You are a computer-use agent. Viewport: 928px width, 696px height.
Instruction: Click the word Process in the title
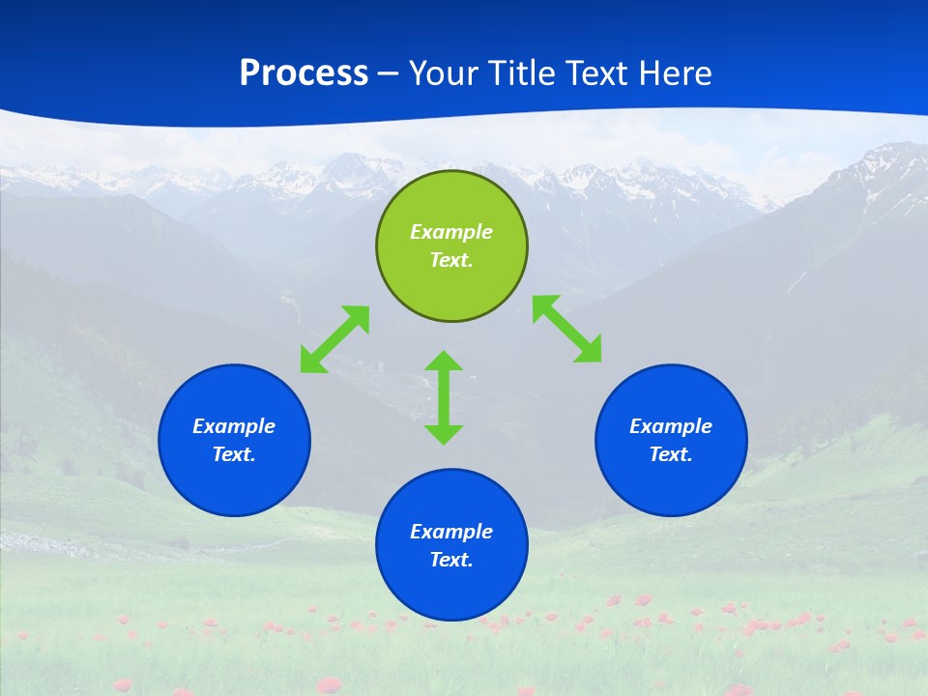(304, 73)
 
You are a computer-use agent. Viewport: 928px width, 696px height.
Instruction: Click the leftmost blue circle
(234, 441)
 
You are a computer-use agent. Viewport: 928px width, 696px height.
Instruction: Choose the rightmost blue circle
(671, 441)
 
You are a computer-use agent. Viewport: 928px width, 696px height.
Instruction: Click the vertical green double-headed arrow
(444, 397)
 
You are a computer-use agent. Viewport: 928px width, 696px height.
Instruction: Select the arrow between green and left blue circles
(334, 338)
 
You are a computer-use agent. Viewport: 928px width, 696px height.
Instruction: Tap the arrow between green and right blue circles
(566, 329)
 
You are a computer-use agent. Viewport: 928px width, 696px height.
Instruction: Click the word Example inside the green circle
(451, 232)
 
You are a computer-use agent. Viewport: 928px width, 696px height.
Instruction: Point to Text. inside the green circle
(451, 260)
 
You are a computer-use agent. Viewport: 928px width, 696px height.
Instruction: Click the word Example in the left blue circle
(234, 426)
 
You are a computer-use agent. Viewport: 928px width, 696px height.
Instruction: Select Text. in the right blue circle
(671, 454)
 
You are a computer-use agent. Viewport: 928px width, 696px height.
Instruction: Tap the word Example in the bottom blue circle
(451, 532)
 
